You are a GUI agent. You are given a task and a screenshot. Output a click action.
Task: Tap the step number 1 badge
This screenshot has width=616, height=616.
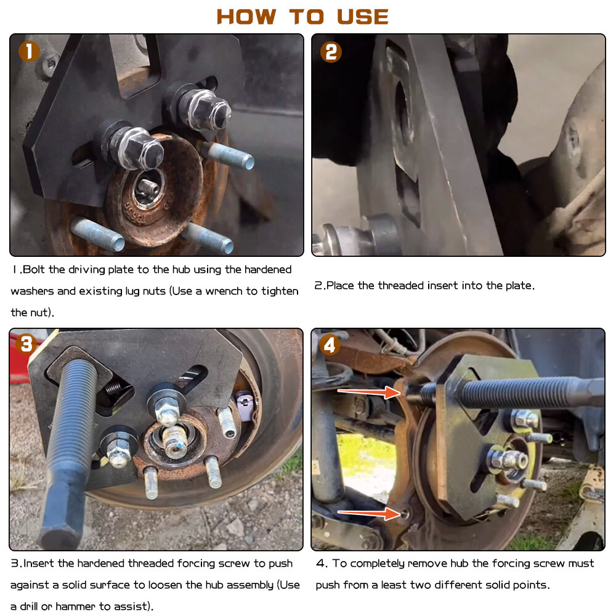(28, 52)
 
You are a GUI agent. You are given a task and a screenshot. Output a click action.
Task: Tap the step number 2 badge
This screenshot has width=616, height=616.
(331, 52)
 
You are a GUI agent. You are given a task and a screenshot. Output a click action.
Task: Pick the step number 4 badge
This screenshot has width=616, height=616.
(330, 346)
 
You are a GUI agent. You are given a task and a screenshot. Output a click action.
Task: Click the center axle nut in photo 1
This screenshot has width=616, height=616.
(147, 186)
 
